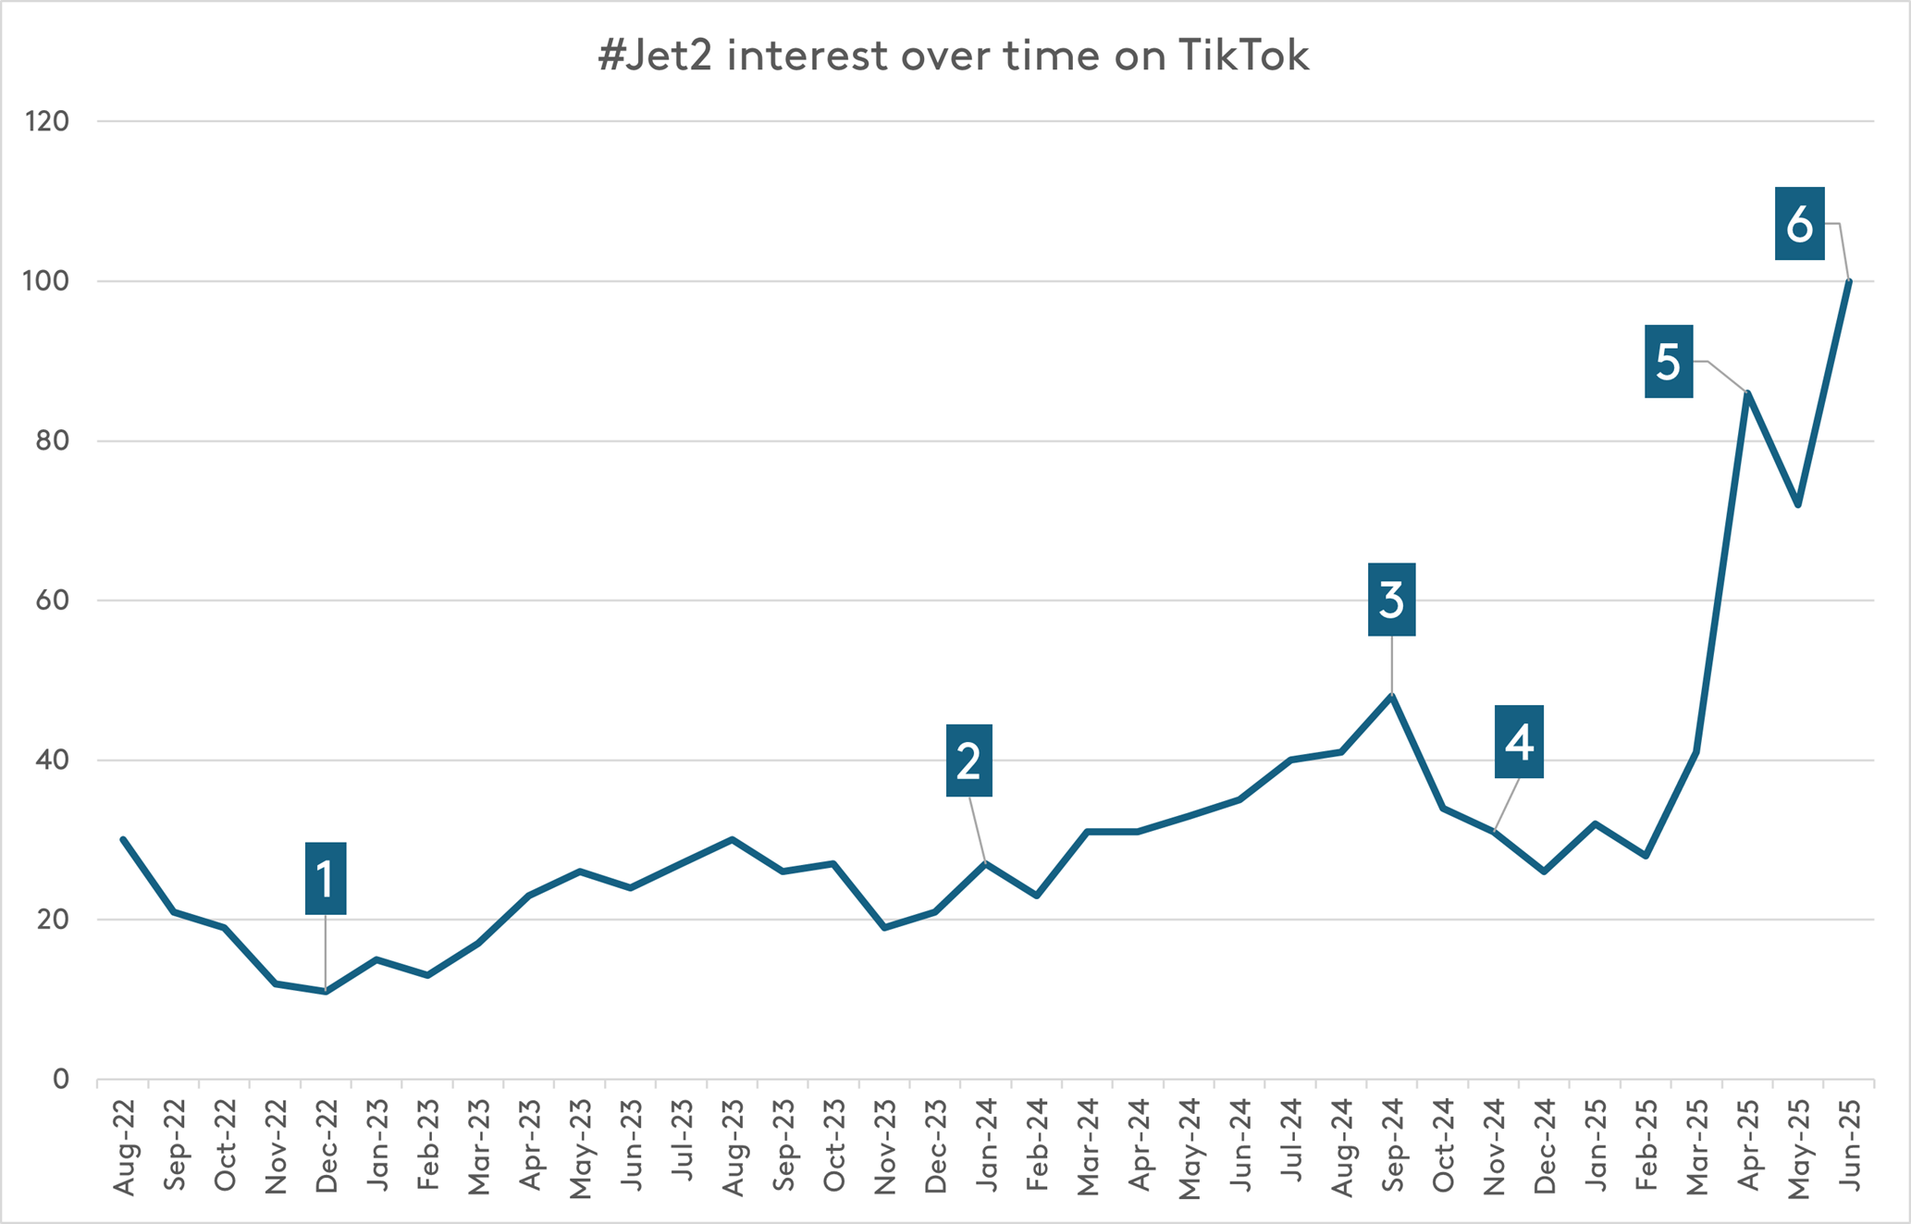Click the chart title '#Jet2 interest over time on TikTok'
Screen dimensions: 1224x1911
954,56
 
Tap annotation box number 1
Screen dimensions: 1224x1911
326,879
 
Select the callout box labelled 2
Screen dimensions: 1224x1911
968,760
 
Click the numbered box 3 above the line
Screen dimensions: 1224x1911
1391,600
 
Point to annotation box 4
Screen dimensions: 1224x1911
1519,742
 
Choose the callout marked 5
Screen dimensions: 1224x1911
1669,362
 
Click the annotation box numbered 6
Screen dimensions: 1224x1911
1799,224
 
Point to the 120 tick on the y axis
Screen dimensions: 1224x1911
47,121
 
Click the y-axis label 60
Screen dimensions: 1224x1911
53,600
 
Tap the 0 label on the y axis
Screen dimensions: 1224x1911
61,1079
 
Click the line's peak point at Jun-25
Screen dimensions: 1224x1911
1849,281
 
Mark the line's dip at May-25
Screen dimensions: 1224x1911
1797,505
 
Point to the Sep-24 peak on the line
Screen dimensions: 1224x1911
1392,695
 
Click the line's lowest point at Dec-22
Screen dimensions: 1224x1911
326,992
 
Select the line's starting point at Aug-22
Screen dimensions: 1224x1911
123,839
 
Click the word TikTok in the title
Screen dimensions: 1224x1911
1244,56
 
